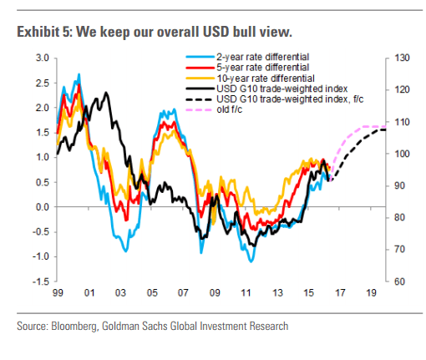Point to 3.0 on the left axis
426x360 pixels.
(40, 58)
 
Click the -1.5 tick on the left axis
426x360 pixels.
(38, 281)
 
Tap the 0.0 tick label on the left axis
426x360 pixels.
(40, 207)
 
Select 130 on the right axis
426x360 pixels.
(397, 58)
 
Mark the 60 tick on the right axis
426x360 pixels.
(395, 281)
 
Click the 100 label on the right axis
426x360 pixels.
(397, 154)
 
